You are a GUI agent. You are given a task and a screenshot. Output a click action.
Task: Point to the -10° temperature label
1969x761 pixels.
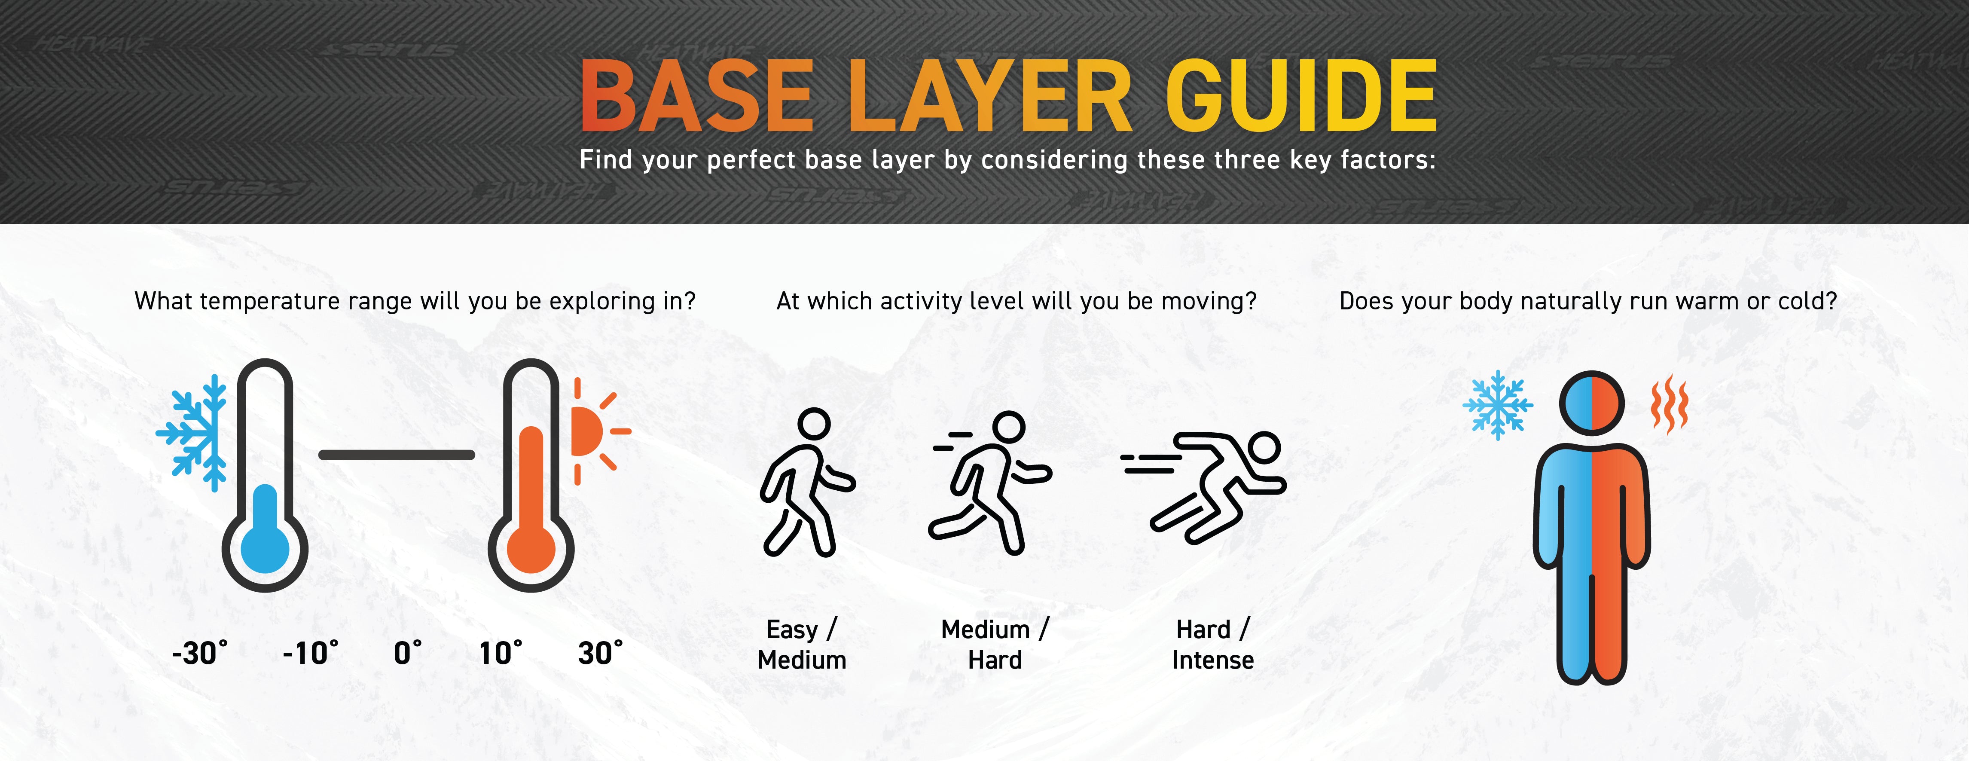[310, 653]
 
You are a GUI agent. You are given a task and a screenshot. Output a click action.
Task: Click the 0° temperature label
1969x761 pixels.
[407, 653]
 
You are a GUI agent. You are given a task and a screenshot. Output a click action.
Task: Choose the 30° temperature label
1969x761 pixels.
[601, 653]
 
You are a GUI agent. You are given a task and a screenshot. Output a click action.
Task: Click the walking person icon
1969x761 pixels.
[807, 482]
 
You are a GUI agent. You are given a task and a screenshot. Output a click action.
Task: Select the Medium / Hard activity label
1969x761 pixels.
[995, 645]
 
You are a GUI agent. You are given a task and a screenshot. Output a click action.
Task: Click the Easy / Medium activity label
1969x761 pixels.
[802, 645]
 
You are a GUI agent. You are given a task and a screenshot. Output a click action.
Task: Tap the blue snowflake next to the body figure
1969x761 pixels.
[1498, 405]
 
